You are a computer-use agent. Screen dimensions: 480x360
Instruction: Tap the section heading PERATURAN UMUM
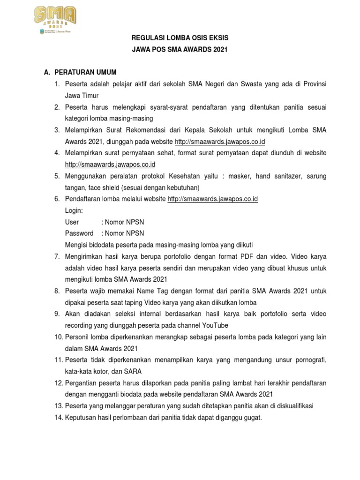[86, 72]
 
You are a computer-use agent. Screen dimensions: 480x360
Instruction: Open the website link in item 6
[213, 199]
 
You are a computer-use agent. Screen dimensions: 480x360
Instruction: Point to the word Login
[74, 210]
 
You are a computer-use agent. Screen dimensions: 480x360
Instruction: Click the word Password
[79, 233]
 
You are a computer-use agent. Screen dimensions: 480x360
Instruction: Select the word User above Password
[72, 222]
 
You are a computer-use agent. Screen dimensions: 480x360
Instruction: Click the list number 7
[57, 256]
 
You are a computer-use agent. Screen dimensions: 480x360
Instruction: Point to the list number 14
[58, 417]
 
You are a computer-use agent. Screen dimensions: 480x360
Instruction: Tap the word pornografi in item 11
[307, 360]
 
